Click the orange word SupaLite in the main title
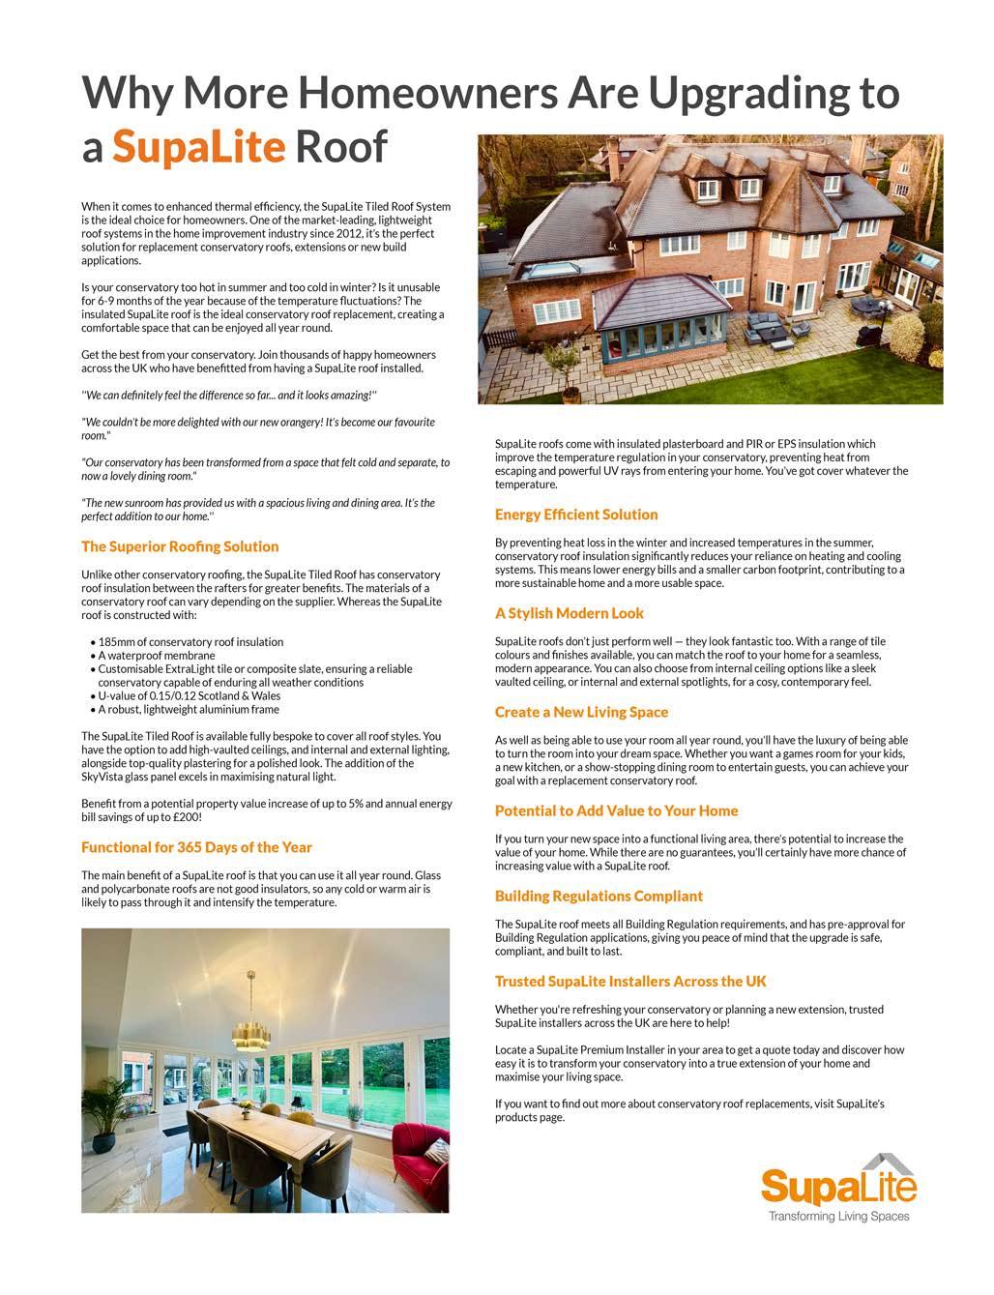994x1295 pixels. point(198,147)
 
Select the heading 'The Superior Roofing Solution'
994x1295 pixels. point(180,546)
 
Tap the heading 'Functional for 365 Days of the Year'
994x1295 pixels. point(196,847)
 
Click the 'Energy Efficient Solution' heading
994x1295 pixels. point(575,515)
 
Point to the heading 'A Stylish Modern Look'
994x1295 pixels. point(569,613)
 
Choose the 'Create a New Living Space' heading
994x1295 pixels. point(581,712)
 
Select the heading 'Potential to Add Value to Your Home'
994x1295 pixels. point(616,810)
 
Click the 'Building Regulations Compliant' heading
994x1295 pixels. point(599,896)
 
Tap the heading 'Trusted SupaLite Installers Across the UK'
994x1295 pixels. point(630,981)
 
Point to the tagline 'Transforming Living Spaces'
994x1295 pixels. point(838,1217)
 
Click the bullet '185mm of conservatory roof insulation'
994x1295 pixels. point(190,642)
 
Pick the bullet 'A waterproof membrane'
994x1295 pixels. point(157,656)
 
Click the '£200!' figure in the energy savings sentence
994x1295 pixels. point(186,817)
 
